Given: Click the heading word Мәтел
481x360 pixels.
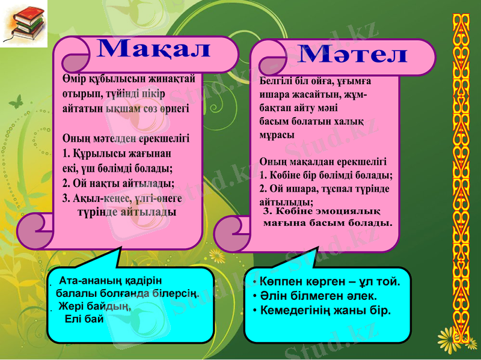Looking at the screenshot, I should coord(353,54).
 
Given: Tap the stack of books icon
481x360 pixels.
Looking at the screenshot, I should coord(23,23).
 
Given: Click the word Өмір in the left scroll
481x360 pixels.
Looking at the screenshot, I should coord(74,78).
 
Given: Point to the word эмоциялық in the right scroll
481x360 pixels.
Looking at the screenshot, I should coord(343,211).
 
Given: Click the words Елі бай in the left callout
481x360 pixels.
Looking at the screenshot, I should coord(84,318).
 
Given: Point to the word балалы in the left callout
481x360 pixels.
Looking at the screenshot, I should coord(76,294).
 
